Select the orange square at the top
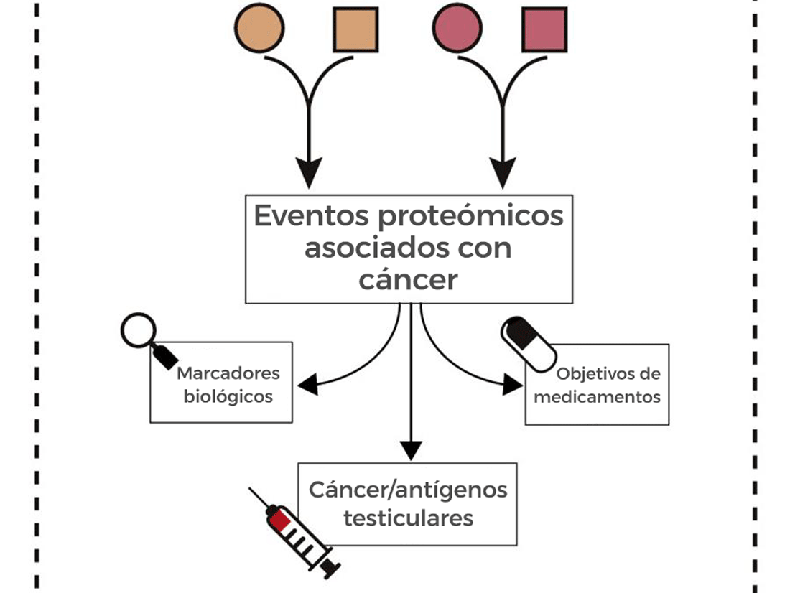click(x=355, y=29)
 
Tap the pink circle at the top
click(x=457, y=29)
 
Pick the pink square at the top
click(x=544, y=29)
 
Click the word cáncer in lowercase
click(x=408, y=279)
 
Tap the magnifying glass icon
click(x=144, y=337)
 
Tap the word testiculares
click(x=408, y=518)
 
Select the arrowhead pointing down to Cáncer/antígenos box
click(x=410, y=450)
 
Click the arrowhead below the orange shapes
click(x=309, y=173)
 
